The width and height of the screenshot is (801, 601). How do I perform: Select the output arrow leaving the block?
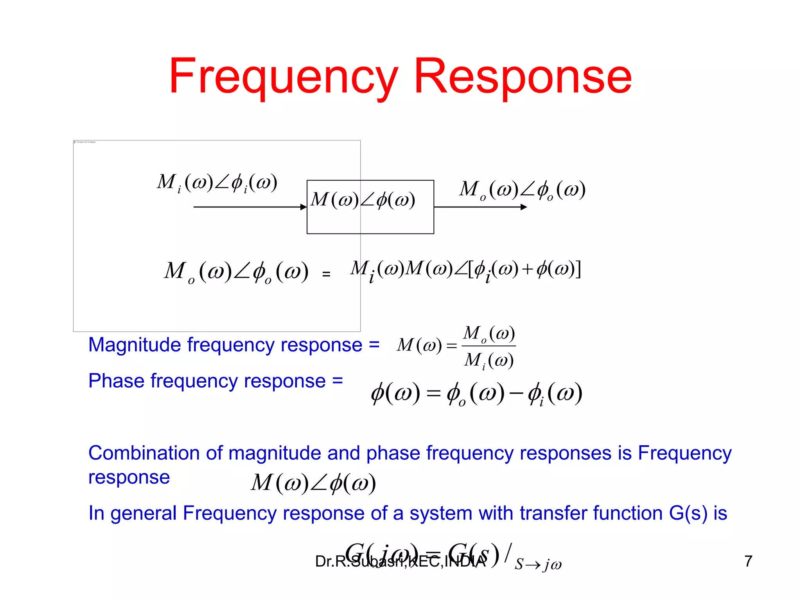tap(480, 207)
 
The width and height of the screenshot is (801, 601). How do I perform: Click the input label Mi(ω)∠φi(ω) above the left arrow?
tap(217, 183)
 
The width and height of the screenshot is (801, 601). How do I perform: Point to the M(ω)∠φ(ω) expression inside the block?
tap(363, 200)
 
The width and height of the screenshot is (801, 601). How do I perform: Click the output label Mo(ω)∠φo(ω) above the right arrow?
tap(522, 190)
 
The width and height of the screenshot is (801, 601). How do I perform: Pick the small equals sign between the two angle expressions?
tap(326, 274)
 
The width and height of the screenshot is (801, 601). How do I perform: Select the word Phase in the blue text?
tap(116, 381)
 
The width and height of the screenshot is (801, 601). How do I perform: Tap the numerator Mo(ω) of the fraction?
tap(489, 334)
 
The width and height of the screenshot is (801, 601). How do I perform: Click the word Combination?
tap(144, 453)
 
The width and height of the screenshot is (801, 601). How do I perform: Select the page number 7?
tap(748, 561)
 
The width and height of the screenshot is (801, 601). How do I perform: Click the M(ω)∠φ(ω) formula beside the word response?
tap(313, 483)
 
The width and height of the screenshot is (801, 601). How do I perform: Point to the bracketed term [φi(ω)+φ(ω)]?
tap(524, 270)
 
